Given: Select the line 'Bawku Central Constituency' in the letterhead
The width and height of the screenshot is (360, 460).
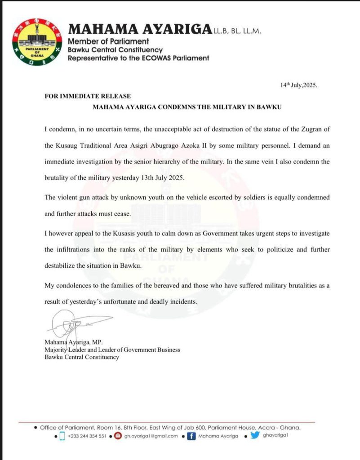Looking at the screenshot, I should pyautogui.click(x=115, y=50).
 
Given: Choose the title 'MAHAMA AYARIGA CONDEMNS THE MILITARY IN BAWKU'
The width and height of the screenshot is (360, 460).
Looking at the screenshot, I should pyautogui.click(x=187, y=108).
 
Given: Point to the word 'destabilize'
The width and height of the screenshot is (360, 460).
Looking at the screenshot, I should pyautogui.click(x=62, y=265).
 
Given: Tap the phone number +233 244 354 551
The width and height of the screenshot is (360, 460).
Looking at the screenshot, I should pyautogui.click(x=87, y=436).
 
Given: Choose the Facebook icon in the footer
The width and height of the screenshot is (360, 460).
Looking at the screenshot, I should pyautogui.click(x=191, y=436).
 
